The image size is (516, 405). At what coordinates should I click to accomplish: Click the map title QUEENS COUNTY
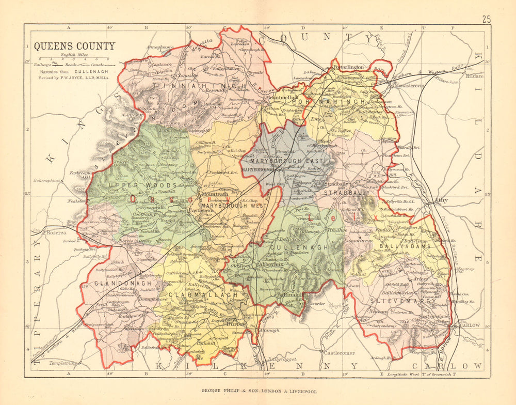(x=75, y=46)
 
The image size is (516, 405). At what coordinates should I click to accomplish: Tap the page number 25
(x=486, y=20)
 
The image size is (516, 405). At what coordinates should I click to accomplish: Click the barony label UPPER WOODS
(x=124, y=185)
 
